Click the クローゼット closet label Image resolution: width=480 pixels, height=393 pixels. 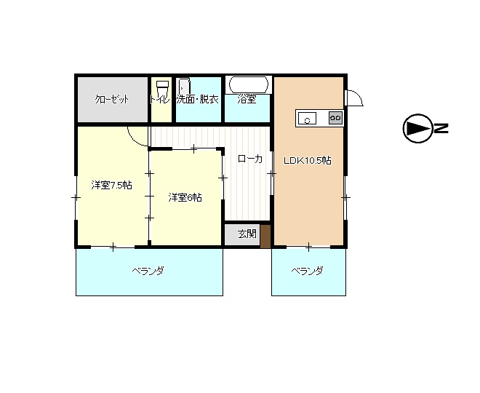click(112, 99)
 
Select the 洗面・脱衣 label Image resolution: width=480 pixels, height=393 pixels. click(198, 99)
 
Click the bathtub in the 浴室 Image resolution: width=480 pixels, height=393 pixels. click(249, 84)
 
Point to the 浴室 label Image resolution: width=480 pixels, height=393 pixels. click(247, 99)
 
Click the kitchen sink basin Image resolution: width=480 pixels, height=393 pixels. click(307, 118)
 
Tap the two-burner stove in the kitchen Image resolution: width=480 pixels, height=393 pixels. click(335, 118)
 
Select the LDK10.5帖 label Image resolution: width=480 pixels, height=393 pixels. click(308, 161)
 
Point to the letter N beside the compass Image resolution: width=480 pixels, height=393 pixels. click(441, 128)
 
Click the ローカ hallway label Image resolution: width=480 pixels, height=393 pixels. click(250, 159)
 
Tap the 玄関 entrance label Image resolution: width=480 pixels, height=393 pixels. click(247, 234)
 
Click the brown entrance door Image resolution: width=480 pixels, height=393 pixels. click(265, 237)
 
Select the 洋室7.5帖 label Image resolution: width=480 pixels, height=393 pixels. click(111, 185)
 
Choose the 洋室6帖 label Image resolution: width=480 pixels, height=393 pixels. click(185, 197)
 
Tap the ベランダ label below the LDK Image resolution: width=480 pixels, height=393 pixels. click(307, 271)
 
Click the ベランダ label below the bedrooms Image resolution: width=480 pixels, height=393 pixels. click(148, 271)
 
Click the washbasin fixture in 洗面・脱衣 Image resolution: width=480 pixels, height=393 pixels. click(185, 86)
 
